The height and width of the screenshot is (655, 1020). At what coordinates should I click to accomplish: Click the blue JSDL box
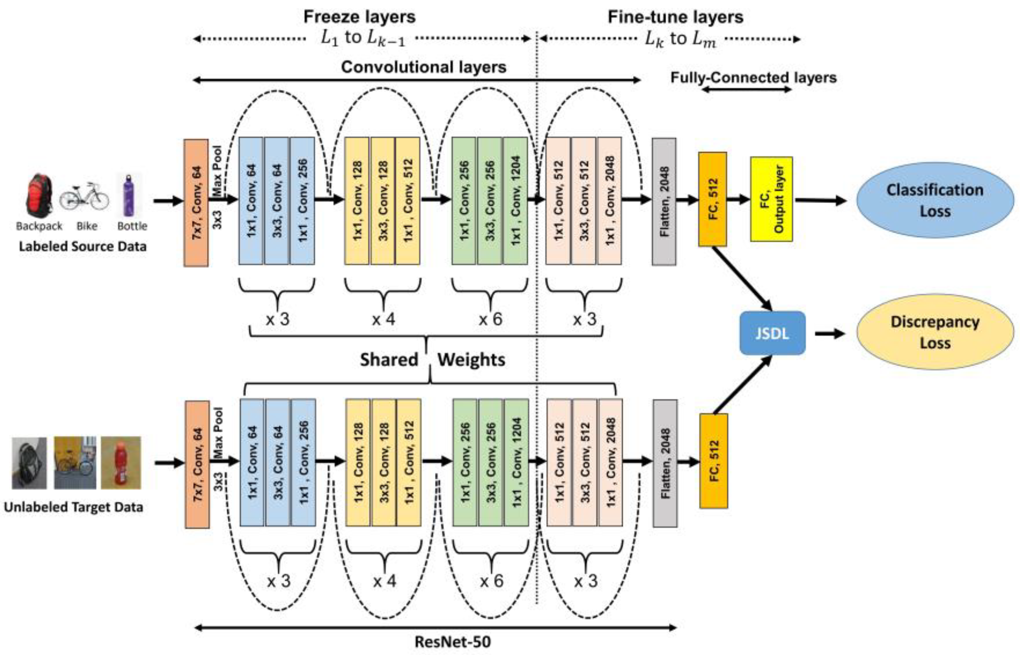point(772,333)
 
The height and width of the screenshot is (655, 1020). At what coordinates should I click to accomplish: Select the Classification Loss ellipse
point(934,200)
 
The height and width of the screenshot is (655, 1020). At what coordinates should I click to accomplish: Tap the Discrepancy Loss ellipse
point(934,332)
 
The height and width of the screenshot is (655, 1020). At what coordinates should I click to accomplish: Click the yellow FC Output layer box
point(771,199)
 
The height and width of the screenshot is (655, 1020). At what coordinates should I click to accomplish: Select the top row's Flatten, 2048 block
point(664,202)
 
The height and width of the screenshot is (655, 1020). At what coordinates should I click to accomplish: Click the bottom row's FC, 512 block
point(714,461)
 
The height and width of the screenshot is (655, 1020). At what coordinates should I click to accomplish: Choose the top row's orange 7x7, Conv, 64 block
point(196,203)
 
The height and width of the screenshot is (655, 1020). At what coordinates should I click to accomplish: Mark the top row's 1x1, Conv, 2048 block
point(609,201)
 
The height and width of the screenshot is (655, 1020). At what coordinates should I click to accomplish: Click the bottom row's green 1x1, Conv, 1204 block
point(516,463)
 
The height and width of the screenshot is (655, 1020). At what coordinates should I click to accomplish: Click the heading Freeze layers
point(359,17)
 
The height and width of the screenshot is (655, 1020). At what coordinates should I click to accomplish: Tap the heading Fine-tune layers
point(675,17)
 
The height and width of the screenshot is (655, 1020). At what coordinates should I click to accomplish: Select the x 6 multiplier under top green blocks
point(490,319)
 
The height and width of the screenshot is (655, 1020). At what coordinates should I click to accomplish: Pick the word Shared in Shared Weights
point(389,360)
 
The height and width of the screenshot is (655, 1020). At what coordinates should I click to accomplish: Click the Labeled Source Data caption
point(82,246)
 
